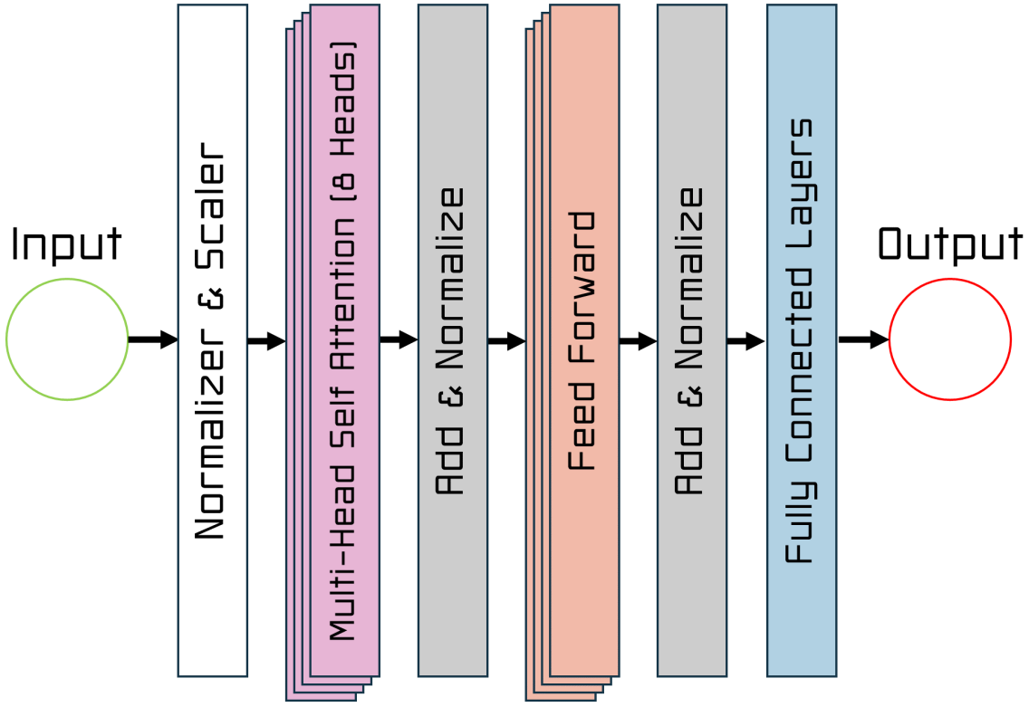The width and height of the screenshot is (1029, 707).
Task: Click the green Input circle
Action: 67,339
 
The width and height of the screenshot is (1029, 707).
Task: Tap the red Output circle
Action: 949,339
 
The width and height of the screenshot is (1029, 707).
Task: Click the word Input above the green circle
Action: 66,244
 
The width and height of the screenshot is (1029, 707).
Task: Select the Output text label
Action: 950,244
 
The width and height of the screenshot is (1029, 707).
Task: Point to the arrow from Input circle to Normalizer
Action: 152,340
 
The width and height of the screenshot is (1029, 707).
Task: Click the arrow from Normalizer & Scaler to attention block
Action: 266,341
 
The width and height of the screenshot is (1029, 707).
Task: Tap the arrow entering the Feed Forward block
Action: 506,341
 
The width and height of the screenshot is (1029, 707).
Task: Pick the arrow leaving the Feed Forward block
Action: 638,341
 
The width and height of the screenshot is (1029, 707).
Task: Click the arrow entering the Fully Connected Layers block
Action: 745,341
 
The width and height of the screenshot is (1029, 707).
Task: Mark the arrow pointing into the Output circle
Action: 862,340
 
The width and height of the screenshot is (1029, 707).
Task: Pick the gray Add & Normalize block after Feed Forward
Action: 691,340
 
